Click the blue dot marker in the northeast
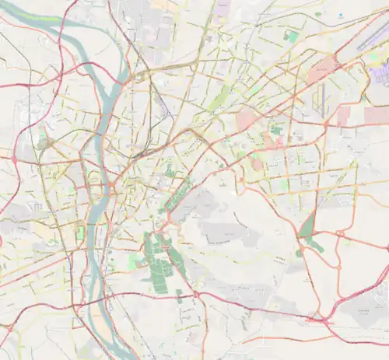point(340,15)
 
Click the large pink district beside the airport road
point(323,72)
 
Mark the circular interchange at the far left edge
point(13,159)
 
